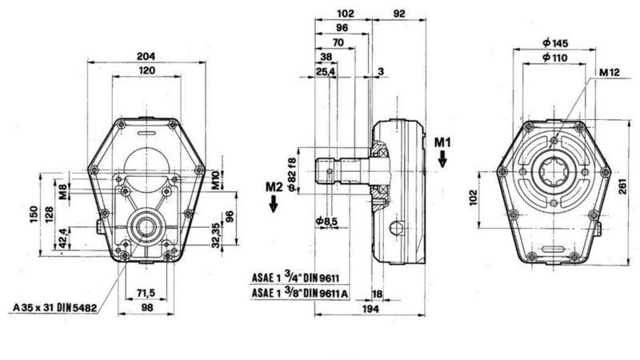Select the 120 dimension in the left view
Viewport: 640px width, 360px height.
pos(146,71)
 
